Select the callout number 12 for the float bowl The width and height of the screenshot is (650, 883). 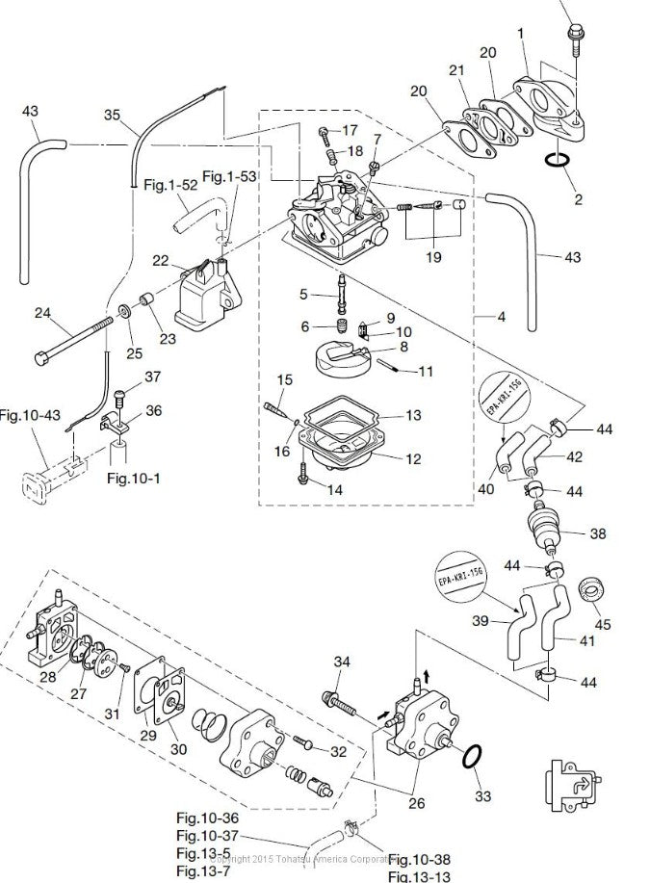[412, 459]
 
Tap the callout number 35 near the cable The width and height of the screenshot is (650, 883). [113, 115]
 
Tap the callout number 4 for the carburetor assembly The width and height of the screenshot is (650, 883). [502, 315]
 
